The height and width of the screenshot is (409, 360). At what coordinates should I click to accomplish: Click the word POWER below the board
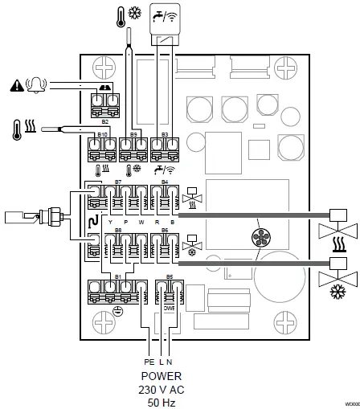tap(162, 375)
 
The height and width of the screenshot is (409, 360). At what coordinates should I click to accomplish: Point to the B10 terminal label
tap(102, 134)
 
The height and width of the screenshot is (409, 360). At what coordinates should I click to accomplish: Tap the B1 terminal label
tap(119, 276)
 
